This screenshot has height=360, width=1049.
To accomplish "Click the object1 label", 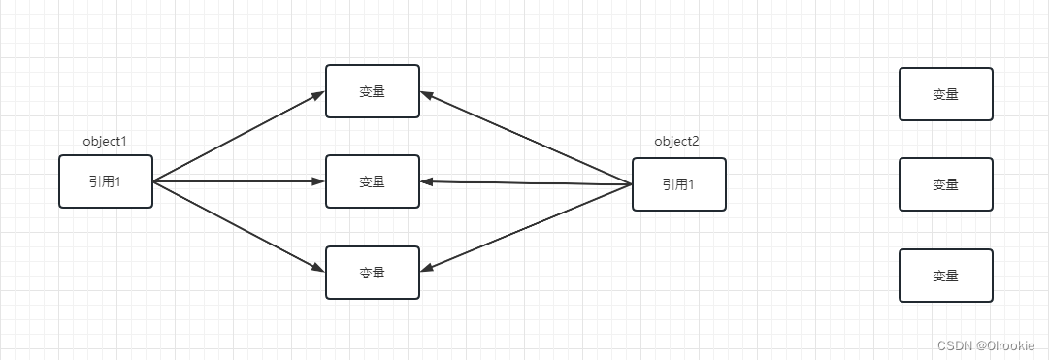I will (x=105, y=142).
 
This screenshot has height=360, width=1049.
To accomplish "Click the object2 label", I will (x=676, y=142).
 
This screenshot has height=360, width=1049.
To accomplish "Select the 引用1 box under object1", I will (x=105, y=181).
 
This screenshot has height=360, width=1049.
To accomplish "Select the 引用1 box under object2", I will (x=678, y=184).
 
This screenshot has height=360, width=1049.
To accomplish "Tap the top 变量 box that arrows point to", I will (x=373, y=91).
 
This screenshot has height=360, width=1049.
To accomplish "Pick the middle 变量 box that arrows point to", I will (x=373, y=181).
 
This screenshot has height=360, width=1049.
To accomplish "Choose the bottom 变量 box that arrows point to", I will (x=373, y=273).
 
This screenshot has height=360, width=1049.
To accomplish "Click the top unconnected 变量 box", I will (x=946, y=94).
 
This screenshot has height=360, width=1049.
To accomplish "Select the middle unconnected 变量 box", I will (x=946, y=184).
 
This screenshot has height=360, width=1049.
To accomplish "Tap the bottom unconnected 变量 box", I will (x=946, y=276).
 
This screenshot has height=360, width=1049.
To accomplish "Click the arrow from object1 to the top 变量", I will (x=238, y=137).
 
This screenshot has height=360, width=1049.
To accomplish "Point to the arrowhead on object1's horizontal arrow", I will (x=318, y=181).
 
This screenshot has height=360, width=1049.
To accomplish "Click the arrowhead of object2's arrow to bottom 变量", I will (x=428, y=269).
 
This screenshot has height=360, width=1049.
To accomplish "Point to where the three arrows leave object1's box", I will (x=154, y=181).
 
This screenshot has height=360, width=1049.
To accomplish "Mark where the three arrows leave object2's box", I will (x=631, y=184).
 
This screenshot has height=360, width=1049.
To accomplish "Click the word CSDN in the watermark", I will (x=955, y=344).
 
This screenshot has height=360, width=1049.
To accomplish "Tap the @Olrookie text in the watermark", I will (x=1006, y=344).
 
